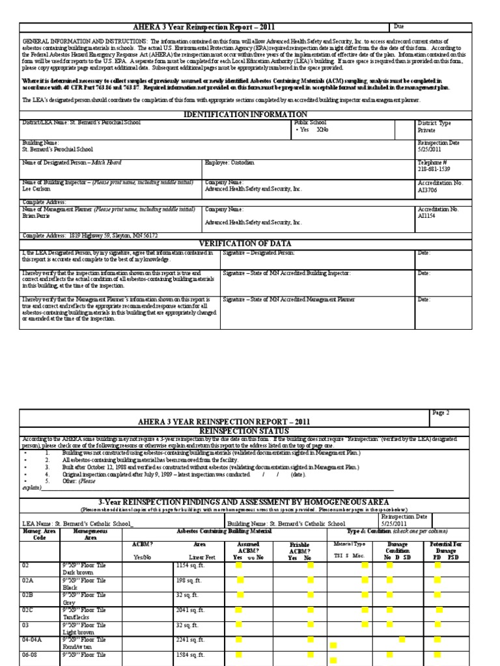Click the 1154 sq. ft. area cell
coord(190,566)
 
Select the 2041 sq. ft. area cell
coord(190,610)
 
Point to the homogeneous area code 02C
coord(28,610)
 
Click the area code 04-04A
coord(33,639)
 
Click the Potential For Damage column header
coord(447,548)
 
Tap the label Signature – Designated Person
coord(258,252)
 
